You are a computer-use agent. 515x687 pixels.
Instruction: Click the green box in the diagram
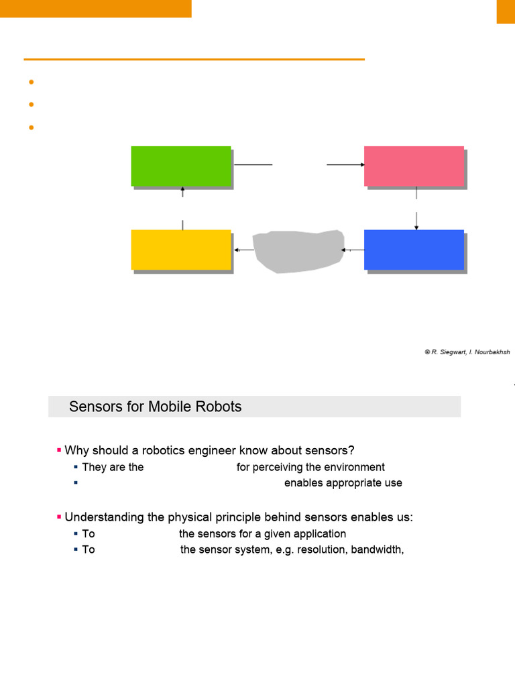tap(181, 166)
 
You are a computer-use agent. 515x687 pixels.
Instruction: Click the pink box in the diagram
tap(414, 166)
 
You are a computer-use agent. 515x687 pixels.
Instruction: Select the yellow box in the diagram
tap(181, 250)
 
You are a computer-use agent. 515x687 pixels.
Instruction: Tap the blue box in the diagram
tap(414, 250)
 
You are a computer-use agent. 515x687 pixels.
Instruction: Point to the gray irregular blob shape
tap(298, 251)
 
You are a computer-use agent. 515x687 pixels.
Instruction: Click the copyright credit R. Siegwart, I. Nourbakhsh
tap(467, 352)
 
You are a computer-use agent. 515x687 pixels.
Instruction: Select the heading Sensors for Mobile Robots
tap(155, 407)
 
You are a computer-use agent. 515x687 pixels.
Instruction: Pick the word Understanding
tap(105, 517)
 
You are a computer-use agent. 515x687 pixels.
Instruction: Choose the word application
tap(320, 534)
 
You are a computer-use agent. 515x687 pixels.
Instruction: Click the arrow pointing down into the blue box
tap(416, 222)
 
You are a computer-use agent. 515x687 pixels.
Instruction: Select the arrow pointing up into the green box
tap(182, 193)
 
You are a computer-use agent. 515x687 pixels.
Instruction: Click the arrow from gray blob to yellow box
tap(243, 250)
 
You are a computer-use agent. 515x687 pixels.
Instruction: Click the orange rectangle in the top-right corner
tap(506, 11)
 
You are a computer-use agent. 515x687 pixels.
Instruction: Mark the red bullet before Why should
tap(59, 450)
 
